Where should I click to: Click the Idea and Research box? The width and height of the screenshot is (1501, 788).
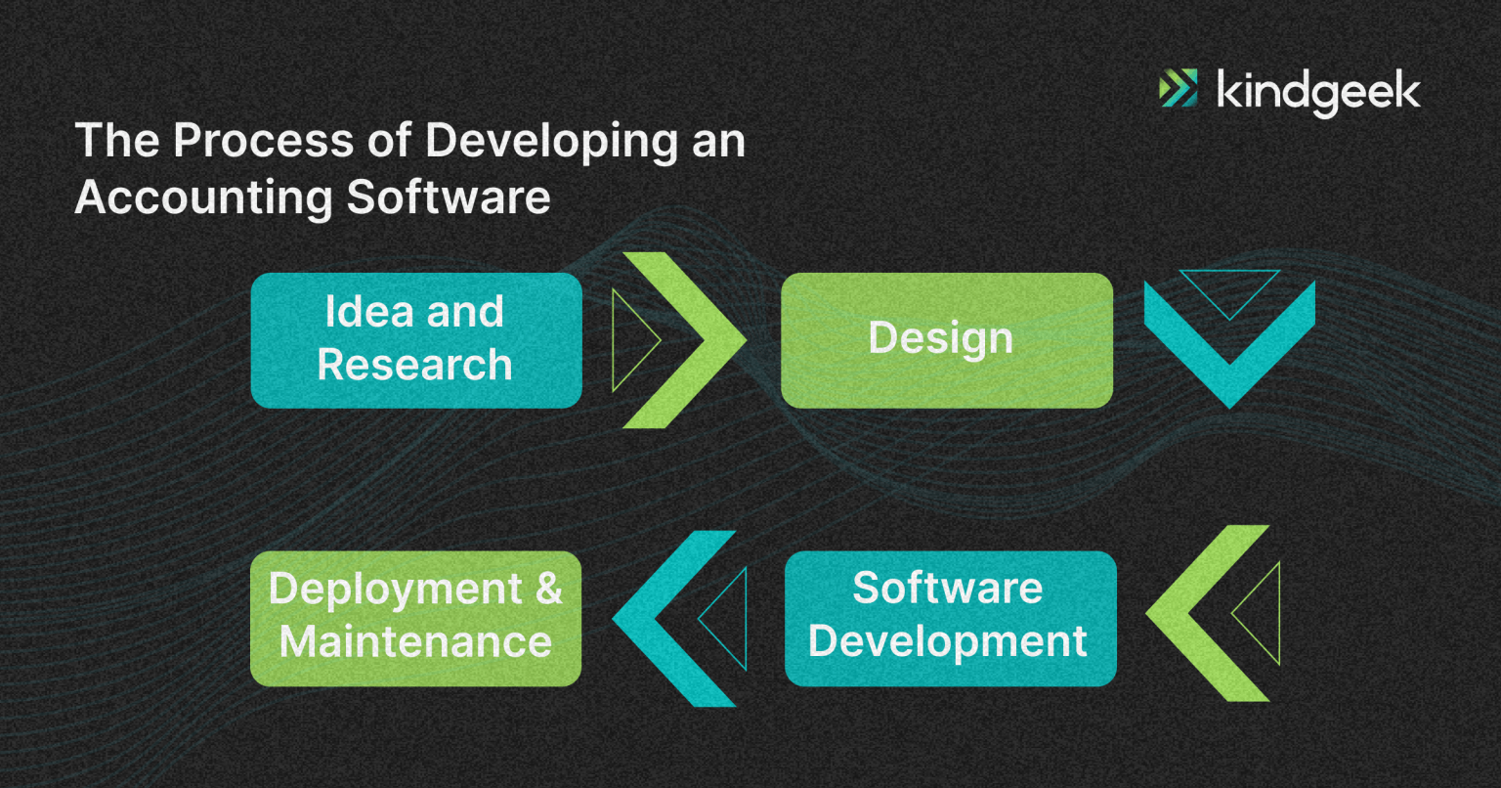coord(416,339)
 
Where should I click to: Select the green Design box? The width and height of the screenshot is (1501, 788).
coord(946,339)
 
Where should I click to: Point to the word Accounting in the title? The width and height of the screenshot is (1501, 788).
coord(203,197)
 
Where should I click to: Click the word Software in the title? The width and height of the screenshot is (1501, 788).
coord(449,197)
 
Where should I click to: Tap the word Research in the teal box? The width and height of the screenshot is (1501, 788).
coord(414,366)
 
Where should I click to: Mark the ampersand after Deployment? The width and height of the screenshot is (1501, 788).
coord(548,589)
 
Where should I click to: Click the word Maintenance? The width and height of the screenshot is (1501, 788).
coord(415,642)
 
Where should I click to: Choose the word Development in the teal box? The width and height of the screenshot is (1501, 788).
coord(948,642)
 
